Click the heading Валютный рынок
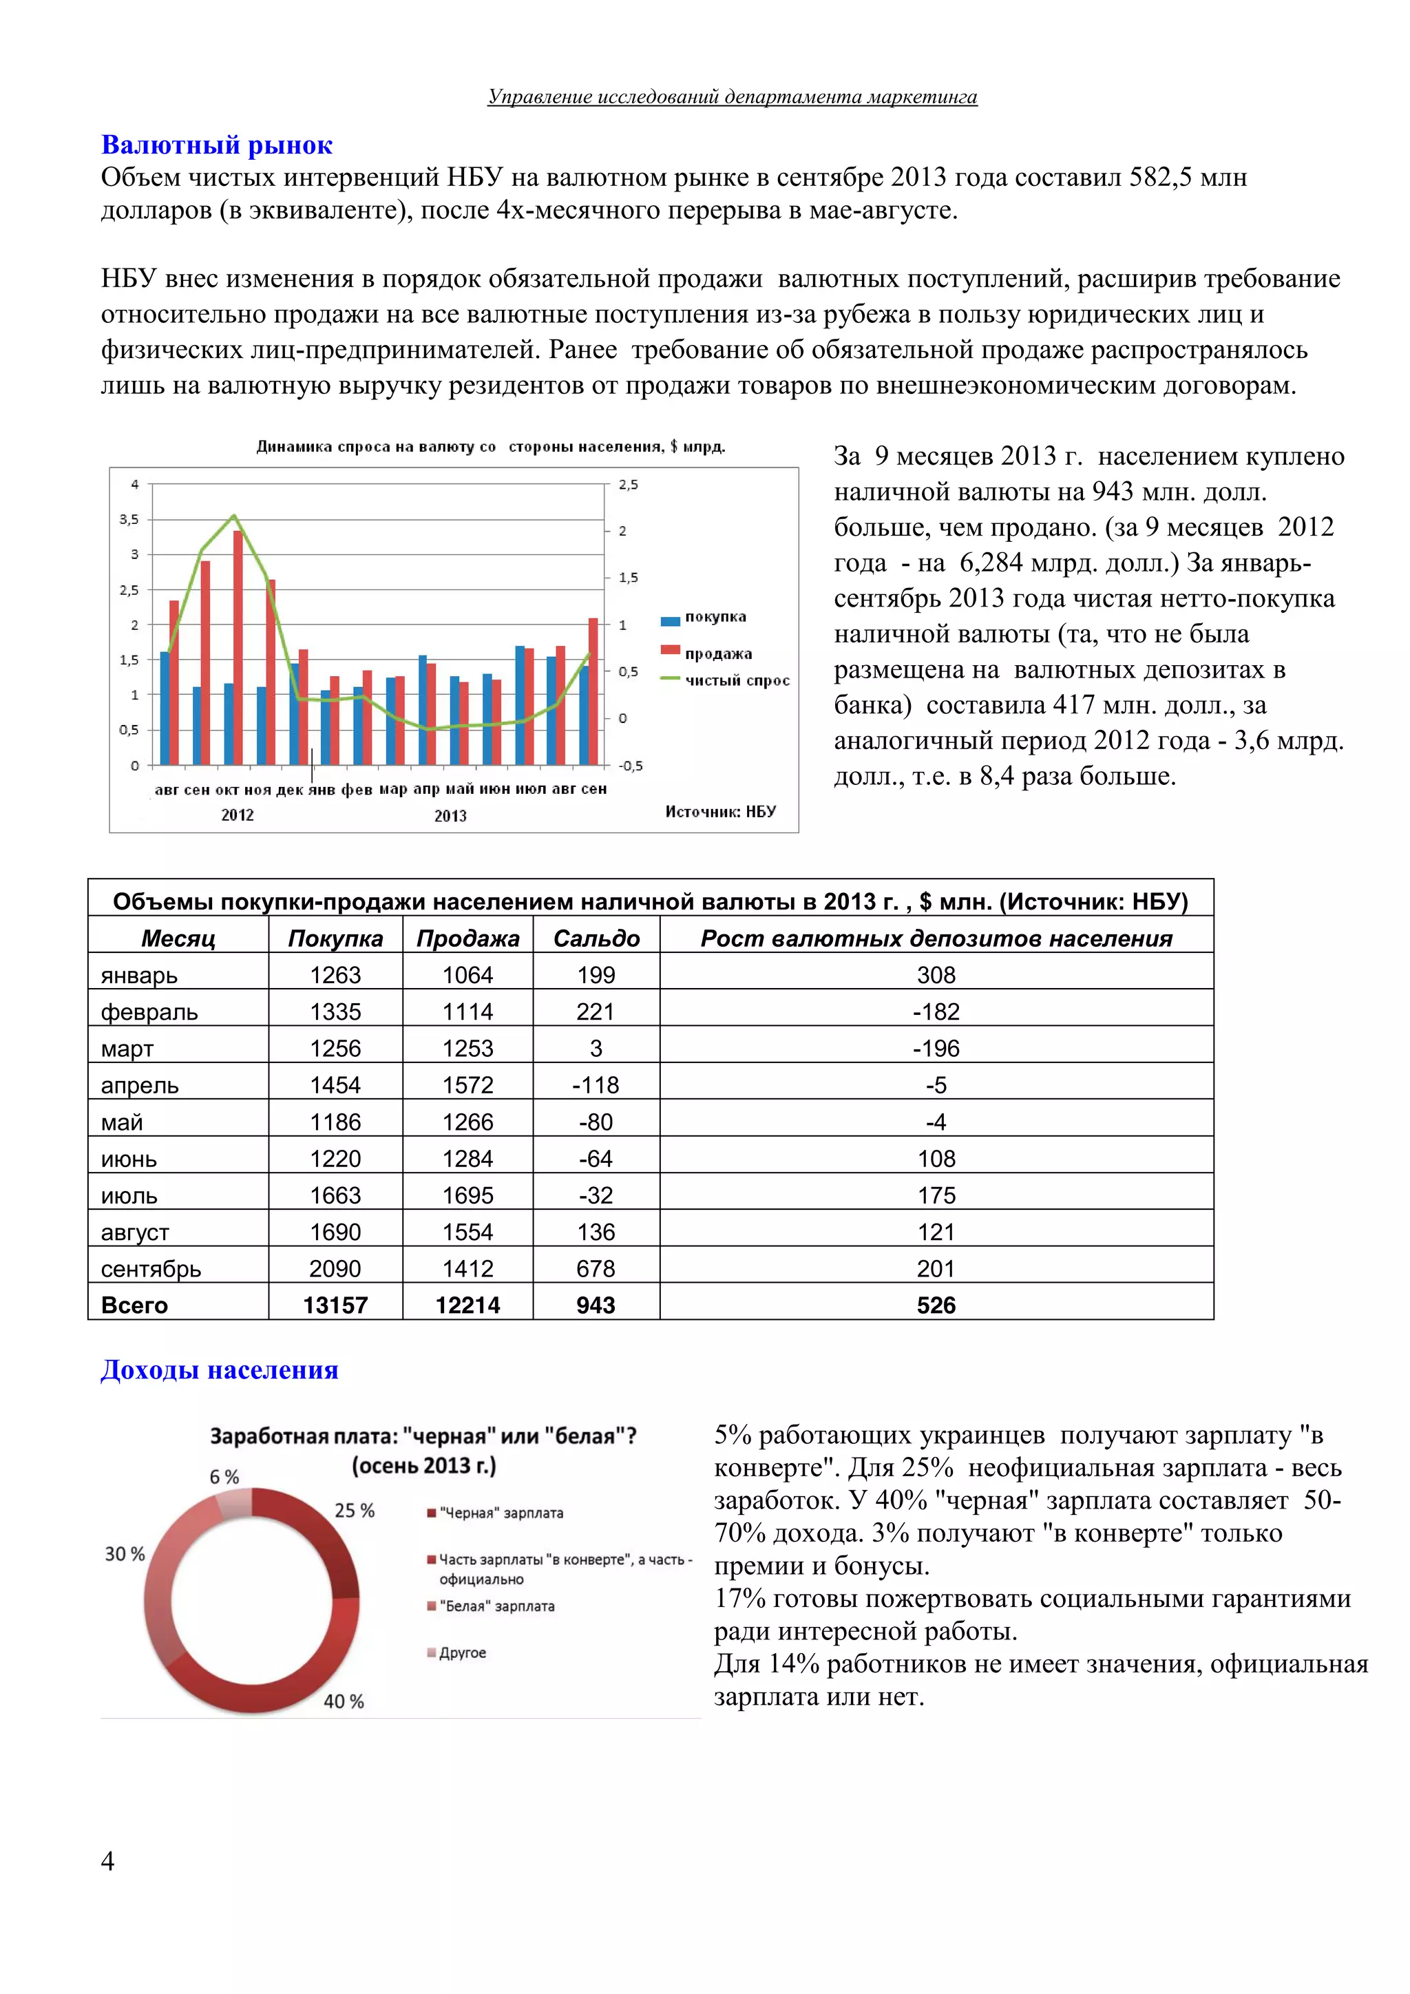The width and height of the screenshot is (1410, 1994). pos(217,145)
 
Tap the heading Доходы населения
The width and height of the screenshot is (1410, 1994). pos(220,1369)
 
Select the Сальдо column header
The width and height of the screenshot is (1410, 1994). pos(596,938)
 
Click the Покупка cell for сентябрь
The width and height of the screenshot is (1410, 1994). pos(335,1269)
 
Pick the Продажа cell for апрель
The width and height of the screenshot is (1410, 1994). pos(468,1084)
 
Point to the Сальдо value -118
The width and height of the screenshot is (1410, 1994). pos(596,1084)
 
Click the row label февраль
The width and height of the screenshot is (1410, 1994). pos(149,1011)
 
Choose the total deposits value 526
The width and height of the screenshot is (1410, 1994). pos(936,1305)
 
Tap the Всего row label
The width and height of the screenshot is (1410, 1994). pos(134,1305)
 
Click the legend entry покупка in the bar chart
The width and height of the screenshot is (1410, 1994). pos(715,618)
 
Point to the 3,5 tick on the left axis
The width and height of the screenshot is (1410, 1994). pos(129,519)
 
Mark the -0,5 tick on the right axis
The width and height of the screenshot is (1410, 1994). pos(631,765)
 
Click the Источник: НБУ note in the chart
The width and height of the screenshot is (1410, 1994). pos(721,811)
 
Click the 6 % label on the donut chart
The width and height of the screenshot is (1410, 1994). pos(224,1476)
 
